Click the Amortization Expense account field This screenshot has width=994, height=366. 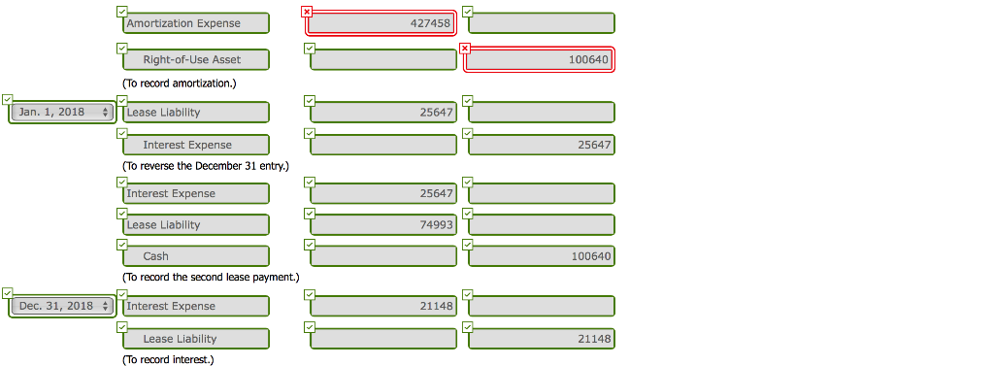tap(195, 23)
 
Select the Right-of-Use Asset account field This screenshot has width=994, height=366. tap(195, 60)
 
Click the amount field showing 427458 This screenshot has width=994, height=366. tap(382, 23)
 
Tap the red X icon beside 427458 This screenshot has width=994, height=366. tap(308, 11)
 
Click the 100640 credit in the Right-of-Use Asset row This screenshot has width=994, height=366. tap(540, 60)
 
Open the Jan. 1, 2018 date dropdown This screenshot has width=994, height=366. tap(63, 113)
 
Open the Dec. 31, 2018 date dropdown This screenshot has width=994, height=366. tap(63, 307)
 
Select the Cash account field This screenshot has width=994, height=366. tap(195, 256)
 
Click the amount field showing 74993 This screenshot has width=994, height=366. tap(382, 225)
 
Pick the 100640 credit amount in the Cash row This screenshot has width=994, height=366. tap(540, 256)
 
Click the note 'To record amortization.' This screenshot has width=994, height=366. tap(180, 83)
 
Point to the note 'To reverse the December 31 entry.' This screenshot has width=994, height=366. tap(206, 166)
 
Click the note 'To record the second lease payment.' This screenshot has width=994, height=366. tap(211, 278)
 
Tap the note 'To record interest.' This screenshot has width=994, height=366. tap(168, 360)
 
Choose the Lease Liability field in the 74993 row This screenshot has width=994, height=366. tap(195, 225)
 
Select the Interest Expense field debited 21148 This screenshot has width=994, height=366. tap(195, 307)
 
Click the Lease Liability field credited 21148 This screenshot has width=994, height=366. tap(195, 340)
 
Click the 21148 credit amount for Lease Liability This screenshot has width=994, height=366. tap(540, 340)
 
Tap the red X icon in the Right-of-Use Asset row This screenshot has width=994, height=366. tap(465, 48)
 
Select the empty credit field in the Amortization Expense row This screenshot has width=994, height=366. tap(540, 23)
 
